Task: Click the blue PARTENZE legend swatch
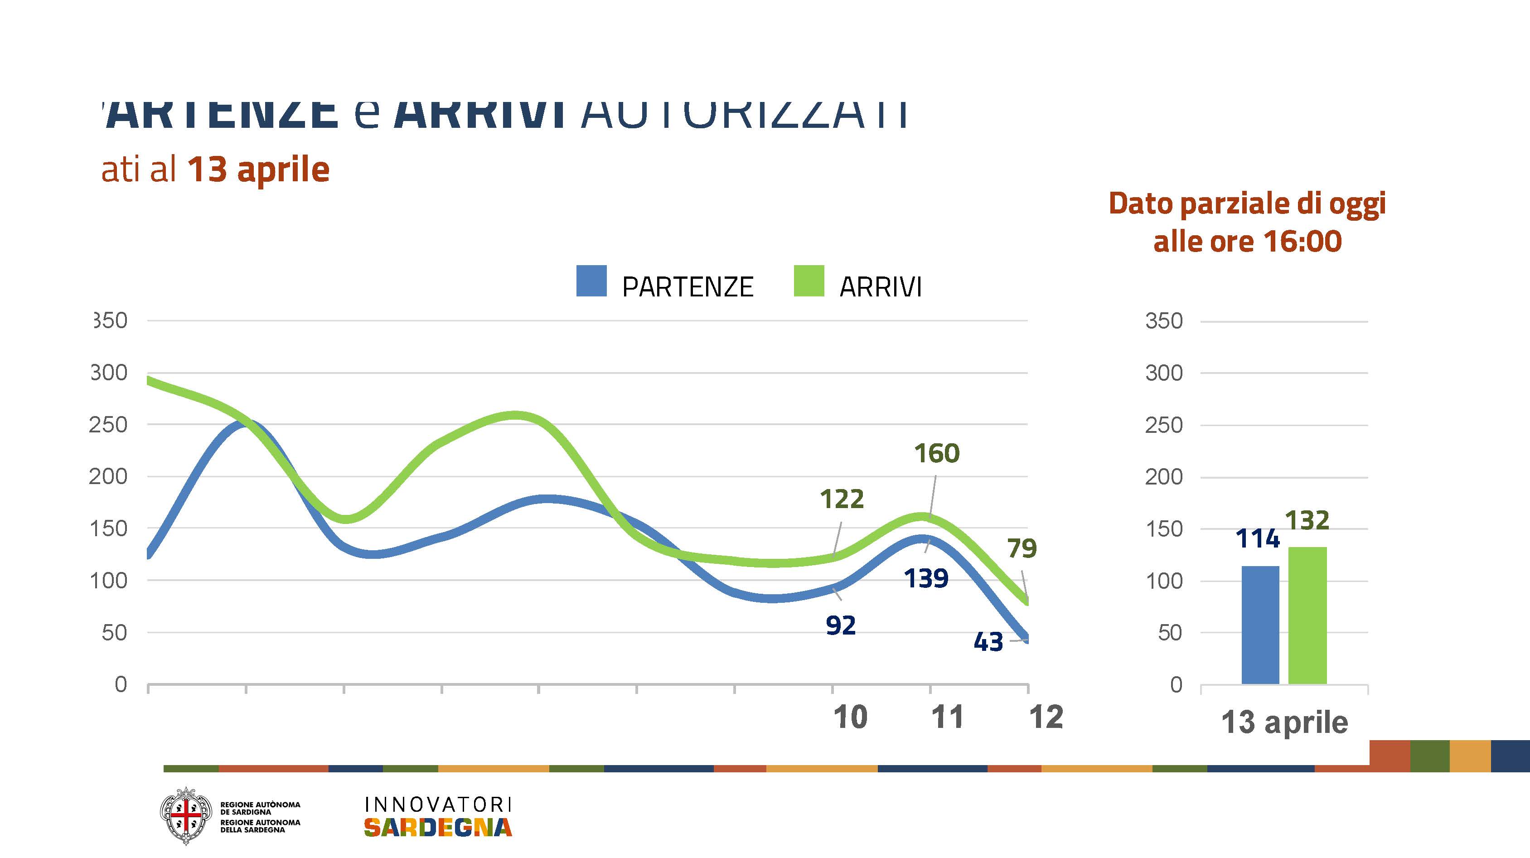point(591,281)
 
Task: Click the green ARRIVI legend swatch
point(809,281)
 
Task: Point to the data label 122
point(842,499)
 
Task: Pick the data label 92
point(840,625)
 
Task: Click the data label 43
point(988,642)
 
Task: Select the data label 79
point(1022,548)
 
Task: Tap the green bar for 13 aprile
point(1307,615)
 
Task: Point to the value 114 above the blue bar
point(1257,538)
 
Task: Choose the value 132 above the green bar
point(1307,520)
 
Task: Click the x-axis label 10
point(850,717)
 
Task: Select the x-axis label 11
point(947,717)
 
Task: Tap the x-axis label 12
point(1046,717)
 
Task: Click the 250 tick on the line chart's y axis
point(108,425)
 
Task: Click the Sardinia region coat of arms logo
point(186,816)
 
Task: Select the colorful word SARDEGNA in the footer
point(438,827)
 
